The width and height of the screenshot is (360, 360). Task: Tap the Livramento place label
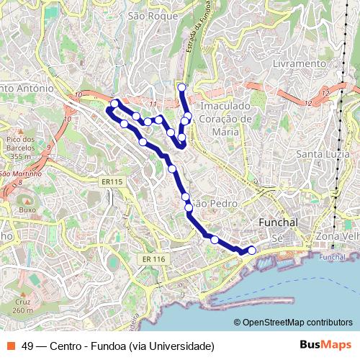(x=300, y=63)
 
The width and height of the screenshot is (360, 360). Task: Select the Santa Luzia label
(x=323, y=153)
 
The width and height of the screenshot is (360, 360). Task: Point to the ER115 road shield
(x=112, y=181)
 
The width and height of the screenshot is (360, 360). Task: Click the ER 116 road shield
(x=153, y=258)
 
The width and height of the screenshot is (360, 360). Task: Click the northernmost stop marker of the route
(x=181, y=88)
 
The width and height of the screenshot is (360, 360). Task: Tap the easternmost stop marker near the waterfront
(x=251, y=250)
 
